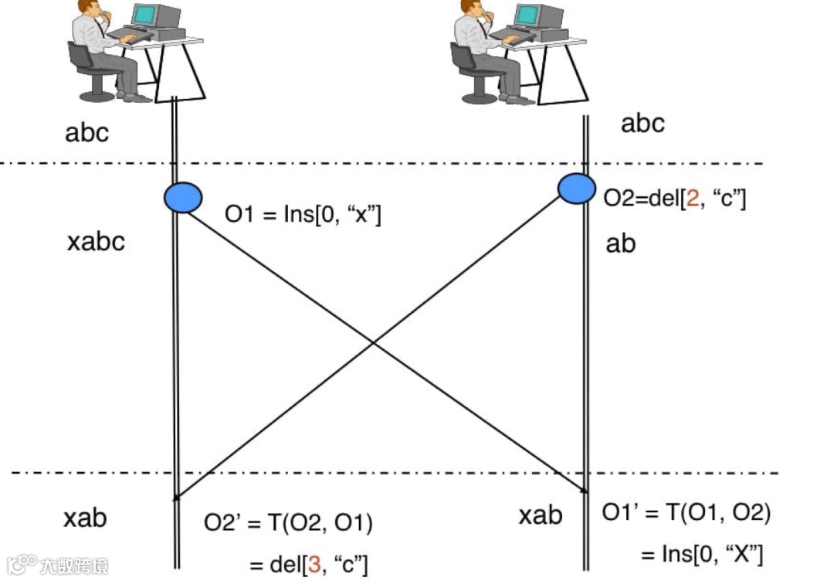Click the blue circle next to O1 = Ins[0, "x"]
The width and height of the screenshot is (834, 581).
pos(183,197)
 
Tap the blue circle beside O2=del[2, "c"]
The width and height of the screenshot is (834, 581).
pos(576,188)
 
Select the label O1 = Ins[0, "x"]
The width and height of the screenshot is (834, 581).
pos(303,214)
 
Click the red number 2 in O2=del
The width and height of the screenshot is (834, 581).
pos(693,199)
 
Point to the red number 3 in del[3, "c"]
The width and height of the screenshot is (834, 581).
pos(314,564)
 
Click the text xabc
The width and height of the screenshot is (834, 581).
pos(96,243)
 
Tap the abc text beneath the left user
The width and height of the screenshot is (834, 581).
pos(87,132)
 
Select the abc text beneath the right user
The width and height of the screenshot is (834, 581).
pos(642,124)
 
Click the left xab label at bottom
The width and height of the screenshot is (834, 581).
pos(85,518)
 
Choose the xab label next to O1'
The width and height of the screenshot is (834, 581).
pos(540,515)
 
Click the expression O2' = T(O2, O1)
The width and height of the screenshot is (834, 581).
pos(288,524)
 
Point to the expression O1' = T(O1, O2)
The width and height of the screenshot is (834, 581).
pos(687,512)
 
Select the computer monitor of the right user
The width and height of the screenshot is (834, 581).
pos(537,17)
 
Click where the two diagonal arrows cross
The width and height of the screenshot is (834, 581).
pos(374,342)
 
